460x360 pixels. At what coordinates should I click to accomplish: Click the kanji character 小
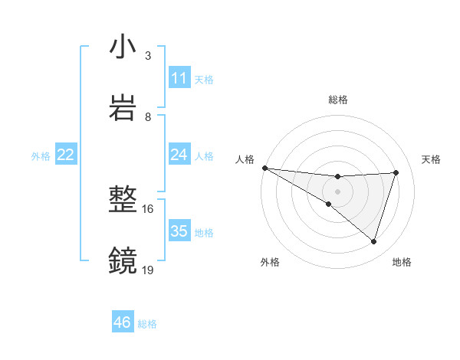click(123, 48)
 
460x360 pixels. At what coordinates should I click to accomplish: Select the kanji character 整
click(123, 201)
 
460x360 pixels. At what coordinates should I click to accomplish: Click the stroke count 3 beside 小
click(147, 56)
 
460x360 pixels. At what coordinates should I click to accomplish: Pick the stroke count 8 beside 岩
click(147, 116)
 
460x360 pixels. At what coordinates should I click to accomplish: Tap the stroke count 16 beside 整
click(147, 208)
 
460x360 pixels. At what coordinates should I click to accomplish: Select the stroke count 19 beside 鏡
click(147, 270)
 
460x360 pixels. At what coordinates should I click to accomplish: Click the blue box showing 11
click(179, 78)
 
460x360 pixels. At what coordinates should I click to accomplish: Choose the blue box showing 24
click(179, 155)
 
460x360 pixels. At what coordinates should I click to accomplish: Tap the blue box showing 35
click(179, 231)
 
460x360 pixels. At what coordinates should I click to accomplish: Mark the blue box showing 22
click(66, 155)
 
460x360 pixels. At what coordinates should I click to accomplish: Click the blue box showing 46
click(123, 323)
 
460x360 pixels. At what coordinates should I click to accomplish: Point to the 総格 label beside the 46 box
click(147, 324)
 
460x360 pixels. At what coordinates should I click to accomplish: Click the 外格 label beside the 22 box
click(41, 155)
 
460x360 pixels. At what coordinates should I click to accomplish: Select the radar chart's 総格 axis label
click(337, 100)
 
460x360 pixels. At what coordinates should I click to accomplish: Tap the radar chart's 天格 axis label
click(432, 159)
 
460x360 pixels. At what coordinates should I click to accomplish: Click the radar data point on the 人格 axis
click(264, 168)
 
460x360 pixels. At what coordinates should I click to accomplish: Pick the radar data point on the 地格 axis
click(373, 241)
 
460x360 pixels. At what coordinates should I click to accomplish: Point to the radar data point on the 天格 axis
click(396, 172)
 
